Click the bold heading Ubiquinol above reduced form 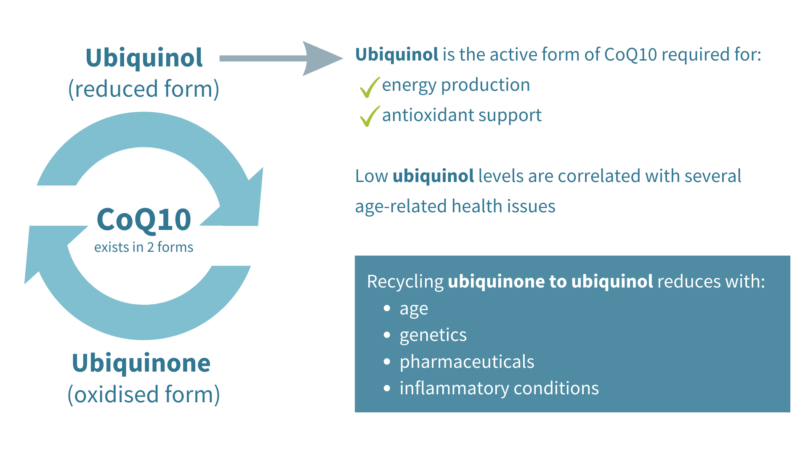[144, 58]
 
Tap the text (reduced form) [144, 89]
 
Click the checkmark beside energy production [369, 87]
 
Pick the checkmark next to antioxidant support [369, 116]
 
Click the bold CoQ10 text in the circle [144, 219]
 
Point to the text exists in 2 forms [144, 247]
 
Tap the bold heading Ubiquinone [141, 363]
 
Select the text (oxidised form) [144, 394]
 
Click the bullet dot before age [387, 309]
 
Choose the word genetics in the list [433, 335]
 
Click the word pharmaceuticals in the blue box [467, 362]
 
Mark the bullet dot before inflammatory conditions [387, 388]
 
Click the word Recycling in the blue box [405, 282]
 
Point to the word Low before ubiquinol [371, 176]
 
